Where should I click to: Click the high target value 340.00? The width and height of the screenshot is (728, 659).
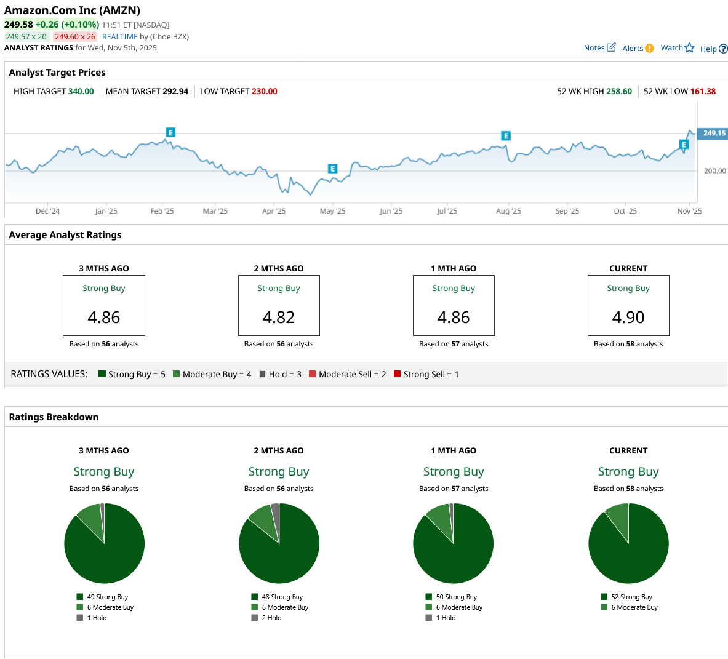(x=81, y=92)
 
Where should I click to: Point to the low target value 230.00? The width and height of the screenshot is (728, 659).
(x=264, y=92)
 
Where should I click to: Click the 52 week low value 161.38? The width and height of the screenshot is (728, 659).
(x=703, y=92)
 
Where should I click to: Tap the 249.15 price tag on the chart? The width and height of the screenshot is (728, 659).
(x=714, y=134)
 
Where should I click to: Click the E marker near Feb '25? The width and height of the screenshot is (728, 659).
(x=170, y=132)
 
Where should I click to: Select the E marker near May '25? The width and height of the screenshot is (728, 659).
(x=332, y=169)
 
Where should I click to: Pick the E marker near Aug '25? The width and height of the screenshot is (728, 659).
(x=505, y=136)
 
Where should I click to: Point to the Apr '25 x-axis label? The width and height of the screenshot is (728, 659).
(x=274, y=211)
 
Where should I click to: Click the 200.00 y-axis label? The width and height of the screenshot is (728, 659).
(x=714, y=171)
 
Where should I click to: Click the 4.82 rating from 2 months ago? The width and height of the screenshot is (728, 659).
(x=279, y=318)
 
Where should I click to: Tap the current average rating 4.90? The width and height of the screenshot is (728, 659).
(x=628, y=318)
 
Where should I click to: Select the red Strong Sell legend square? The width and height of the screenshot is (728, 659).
(x=398, y=374)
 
